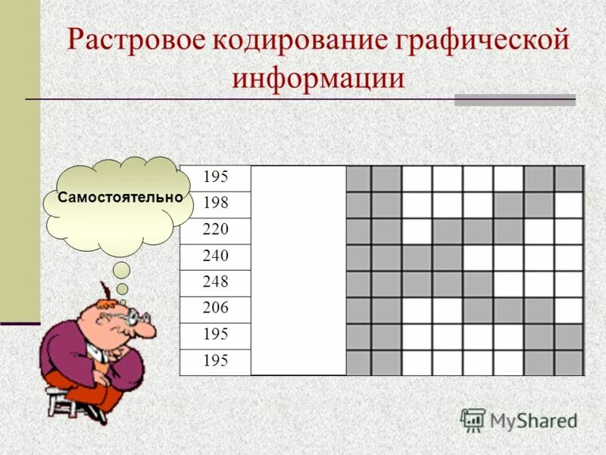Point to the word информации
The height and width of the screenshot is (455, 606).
click(318, 77)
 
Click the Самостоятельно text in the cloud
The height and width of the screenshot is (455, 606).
click(120, 196)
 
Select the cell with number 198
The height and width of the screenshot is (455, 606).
click(216, 203)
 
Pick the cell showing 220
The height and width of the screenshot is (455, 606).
click(216, 230)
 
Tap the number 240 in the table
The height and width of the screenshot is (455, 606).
click(216, 256)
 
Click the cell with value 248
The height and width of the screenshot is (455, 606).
click(216, 282)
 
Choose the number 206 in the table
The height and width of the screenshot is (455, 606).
click(216, 308)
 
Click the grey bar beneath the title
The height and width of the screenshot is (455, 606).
click(514, 100)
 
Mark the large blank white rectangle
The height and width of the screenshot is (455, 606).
click(298, 270)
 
